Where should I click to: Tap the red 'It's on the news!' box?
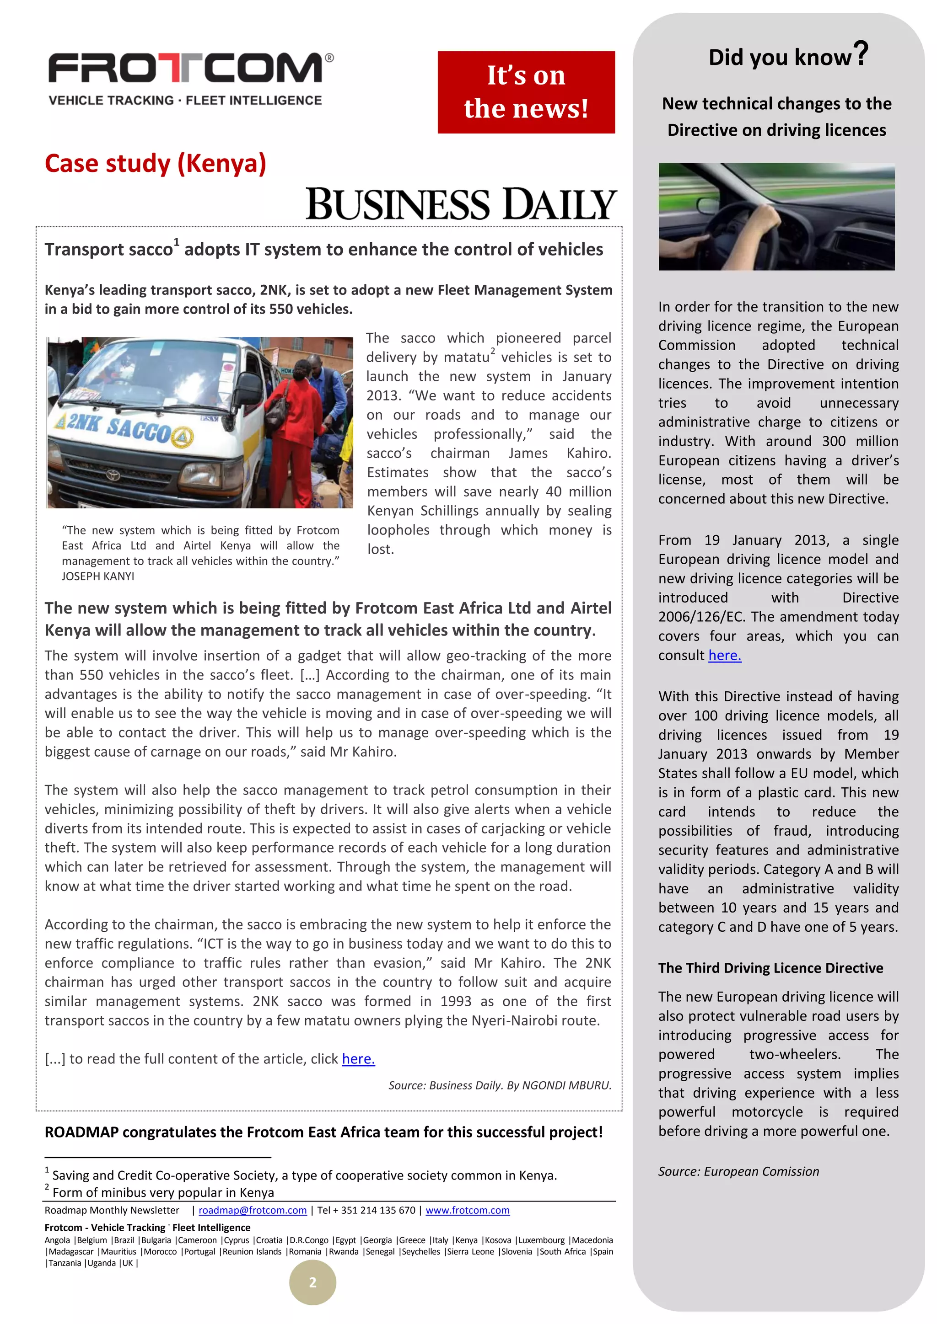pyautogui.click(x=526, y=92)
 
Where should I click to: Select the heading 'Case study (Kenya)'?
pyautogui.click(x=155, y=163)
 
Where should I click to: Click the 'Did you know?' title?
pyautogui.click(x=787, y=56)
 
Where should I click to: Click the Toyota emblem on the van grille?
pyautogui.click(x=112, y=475)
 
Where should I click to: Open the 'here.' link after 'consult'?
pyautogui.click(x=724, y=656)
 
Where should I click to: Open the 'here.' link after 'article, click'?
pyautogui.click(x=358, y=1059)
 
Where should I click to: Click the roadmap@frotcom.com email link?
pyautogui.click(x=252, y=1211)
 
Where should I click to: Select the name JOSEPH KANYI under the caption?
pyautogui.click(x=97, y=576)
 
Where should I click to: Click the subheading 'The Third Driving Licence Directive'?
pyautogui.click(x=770, y=968)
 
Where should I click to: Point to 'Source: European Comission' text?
pyautogui.click(x=738, y=1171)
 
